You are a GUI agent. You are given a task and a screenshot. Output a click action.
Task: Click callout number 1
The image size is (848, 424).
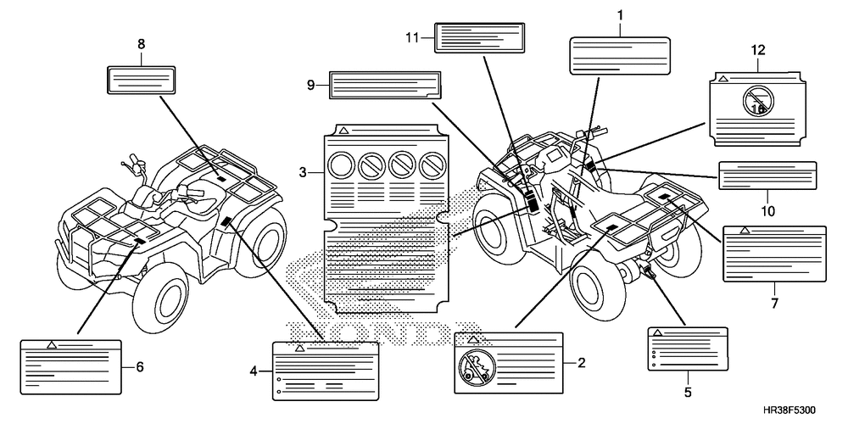(x=620, y=15)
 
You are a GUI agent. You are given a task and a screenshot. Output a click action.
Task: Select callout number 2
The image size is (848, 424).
(x=582, y=363)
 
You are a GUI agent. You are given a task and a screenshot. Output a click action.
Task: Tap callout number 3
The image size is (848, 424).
(x=303, y=173)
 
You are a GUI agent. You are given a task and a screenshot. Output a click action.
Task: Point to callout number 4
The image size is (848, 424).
(x=254, y=371)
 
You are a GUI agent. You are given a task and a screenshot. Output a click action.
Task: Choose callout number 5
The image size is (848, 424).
(x=688, y=392)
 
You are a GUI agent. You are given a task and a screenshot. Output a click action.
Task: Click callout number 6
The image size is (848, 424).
(x=140, y=367)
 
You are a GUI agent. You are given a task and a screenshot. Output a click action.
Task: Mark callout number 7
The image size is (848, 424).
(x=774, y=302)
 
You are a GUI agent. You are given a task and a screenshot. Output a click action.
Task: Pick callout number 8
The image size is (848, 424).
(x=141, y=43)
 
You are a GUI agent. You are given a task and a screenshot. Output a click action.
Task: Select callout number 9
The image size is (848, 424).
(x=311, y=84)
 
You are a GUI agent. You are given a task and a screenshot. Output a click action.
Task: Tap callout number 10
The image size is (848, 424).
(x=767, y=210)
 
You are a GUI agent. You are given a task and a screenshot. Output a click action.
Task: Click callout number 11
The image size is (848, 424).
(x=413, y=37)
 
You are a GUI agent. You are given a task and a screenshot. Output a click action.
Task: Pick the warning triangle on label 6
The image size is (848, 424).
(x=52, y=344)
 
